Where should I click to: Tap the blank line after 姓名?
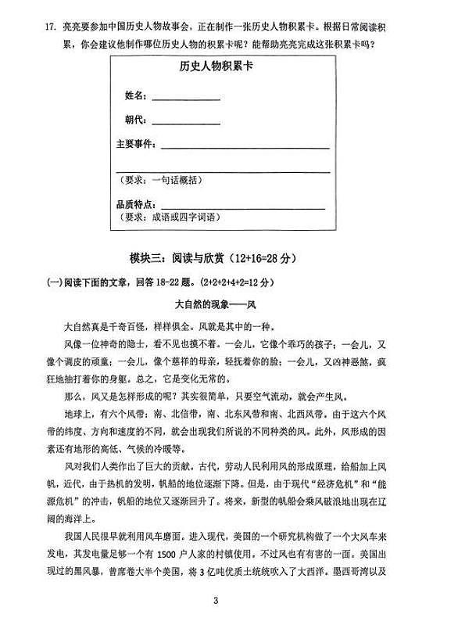click(185, 99)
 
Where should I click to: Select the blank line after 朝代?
click(185, 124)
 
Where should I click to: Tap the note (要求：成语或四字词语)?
click(173, 218)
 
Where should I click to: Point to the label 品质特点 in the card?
click(132, 205)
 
